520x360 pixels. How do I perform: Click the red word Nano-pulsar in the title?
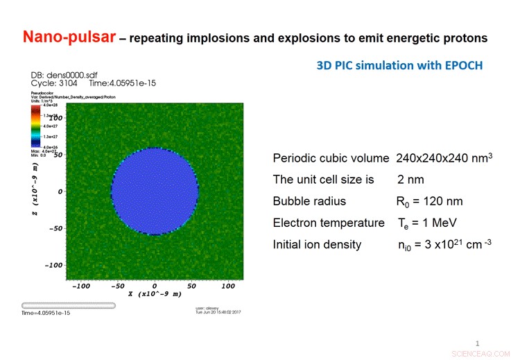click(67, 36)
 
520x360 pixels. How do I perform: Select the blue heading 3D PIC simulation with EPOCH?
click(399, 66)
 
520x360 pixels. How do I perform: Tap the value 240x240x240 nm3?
click(444, 158)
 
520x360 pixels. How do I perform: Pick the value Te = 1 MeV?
click(419, 223)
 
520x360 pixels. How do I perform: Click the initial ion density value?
click(439, 244)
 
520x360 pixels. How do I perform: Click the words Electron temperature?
click(328, 223)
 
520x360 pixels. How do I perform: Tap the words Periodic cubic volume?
click(331, 158)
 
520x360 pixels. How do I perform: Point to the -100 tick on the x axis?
click(82, 286)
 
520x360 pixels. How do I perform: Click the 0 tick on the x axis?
click(155, 286)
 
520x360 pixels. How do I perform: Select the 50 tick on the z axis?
click(59, 155)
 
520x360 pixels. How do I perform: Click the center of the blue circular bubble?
click(155, 191)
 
